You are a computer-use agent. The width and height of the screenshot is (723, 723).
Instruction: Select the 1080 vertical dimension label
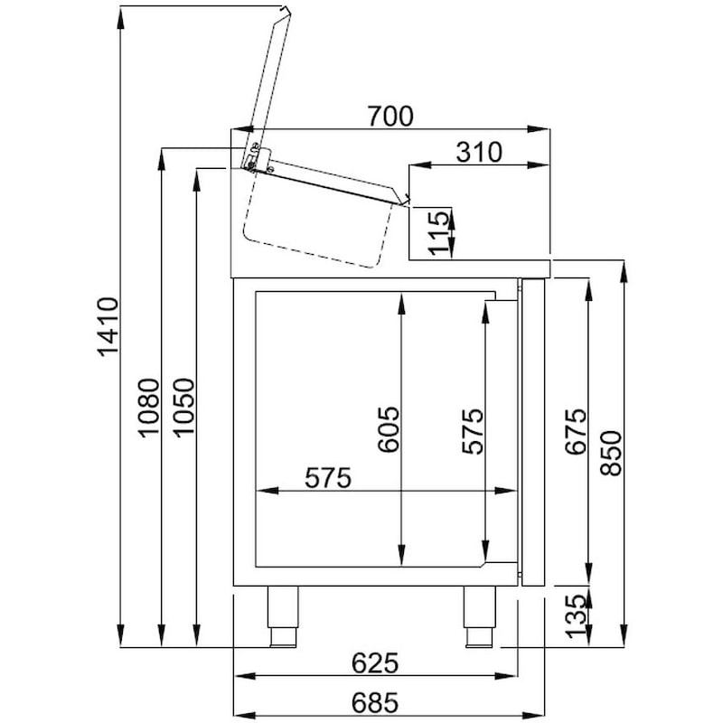[148, 407]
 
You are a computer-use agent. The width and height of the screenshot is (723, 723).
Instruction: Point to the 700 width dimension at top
[390, 117]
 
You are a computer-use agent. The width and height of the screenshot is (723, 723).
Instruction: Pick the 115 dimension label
[439, 232]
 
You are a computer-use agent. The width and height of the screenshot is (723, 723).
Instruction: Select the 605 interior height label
[388, 432]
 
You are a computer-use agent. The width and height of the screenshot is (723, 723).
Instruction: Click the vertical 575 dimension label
[471, 432]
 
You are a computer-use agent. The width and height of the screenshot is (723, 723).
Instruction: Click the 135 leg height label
[576, 616]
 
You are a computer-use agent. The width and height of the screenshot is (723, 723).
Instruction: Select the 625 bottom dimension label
[374, 664]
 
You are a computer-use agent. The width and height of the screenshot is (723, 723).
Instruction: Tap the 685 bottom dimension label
[374, 700]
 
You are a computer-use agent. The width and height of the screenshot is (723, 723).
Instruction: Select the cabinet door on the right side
[534, 432]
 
